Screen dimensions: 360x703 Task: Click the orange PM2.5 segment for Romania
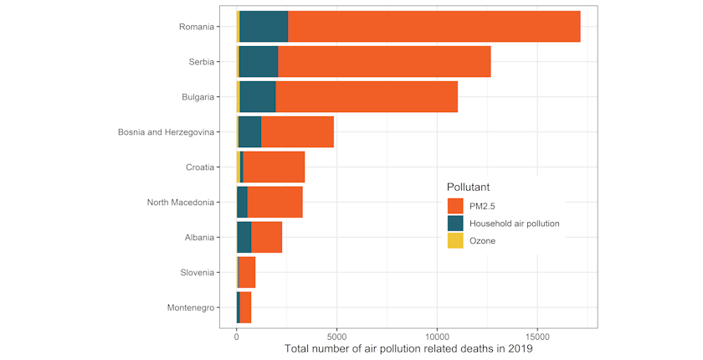(x=434, y=27)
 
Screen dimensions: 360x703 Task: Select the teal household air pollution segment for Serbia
(x=259, y=62)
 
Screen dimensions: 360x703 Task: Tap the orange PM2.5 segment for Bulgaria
(x=366, y=97)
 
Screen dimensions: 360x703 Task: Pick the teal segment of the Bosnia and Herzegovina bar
(x=249, y=132)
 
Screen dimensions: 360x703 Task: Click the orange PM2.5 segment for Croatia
(x=274, y=167)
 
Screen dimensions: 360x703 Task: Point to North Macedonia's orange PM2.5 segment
(x=275, y=203)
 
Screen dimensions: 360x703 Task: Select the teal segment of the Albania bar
(x=244, y=238)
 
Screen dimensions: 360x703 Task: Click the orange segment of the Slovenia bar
(x=247, y=273)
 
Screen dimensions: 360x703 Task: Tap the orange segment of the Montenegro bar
(x=245, y=308)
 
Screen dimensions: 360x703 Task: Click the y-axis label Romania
(x=197, y=27)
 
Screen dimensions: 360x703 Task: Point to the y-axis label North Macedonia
(x=181, y=203)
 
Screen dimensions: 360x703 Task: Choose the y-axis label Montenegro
(x=191, y=308)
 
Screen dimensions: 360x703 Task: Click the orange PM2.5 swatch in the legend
(x=455, y=206)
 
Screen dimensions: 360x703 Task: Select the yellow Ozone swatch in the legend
(x=455, y=241)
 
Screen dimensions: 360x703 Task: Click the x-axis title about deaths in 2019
(x=408, y=348)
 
